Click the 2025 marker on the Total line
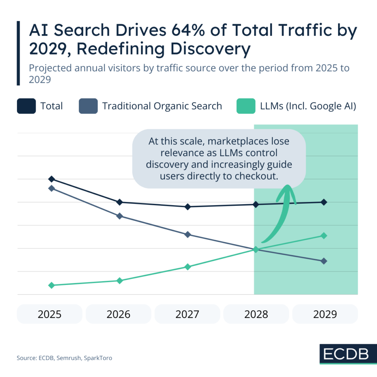point(52,179)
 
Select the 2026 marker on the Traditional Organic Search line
point(120,216)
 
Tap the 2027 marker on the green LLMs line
point(187,267)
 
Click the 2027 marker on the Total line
point(187,207)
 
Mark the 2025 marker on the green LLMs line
point(52,285)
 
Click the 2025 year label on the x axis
point(50,314)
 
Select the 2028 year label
point(256,314)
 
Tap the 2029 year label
point(325,314)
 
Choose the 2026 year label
point(119,314)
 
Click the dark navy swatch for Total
point(26,106)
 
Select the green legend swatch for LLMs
point(246,106)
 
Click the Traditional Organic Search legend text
point(162,106)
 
